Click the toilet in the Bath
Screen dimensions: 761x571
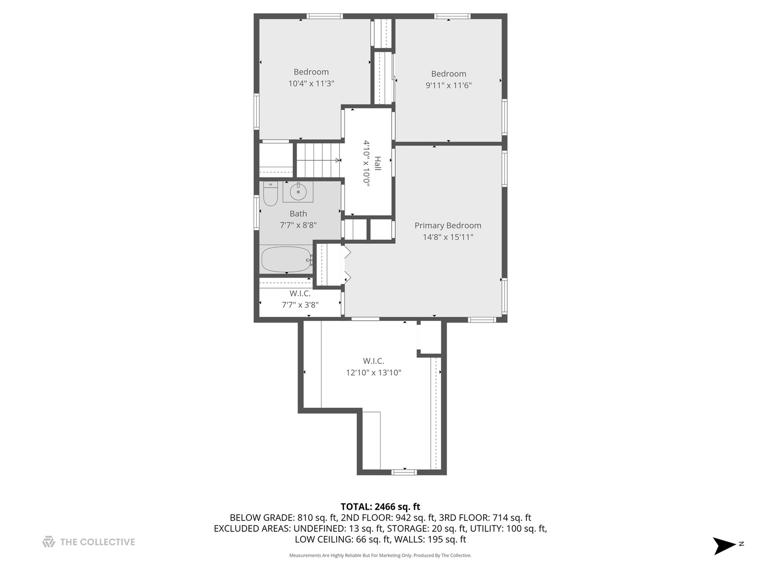point(271,194)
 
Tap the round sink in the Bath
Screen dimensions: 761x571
point(298,191)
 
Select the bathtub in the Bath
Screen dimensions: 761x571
point(287,259)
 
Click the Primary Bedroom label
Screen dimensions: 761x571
point(448,225)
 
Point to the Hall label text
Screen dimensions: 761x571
point(378,163)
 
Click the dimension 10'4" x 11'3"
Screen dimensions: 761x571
point(311,84)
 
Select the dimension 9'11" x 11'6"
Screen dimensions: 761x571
point(449,85)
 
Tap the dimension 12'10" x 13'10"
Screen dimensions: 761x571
point(374,373)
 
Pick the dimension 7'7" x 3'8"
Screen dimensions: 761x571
point(300,305)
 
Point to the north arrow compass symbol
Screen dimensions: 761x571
point(724,546)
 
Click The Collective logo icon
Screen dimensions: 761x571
point(49,542)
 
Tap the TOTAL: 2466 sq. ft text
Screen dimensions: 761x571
point(380,507)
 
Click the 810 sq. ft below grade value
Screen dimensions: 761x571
point(317,518)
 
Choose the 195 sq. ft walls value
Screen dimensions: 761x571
point(447,539)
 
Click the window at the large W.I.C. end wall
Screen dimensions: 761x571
point(404,472)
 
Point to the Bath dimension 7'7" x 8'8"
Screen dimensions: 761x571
point(298,225)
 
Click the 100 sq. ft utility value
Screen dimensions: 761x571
point(526,529)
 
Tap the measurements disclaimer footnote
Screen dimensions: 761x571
point(380,555)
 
